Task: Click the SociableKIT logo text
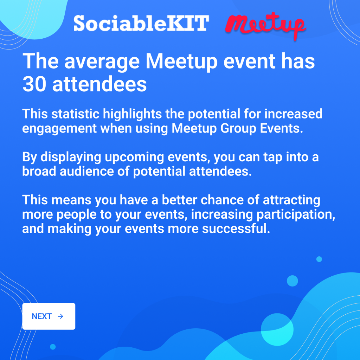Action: tap(141, 23)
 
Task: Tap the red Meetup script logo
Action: tap(266, 25)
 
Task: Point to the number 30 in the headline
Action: tap(34, 84)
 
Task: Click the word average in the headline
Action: tap(102, 62)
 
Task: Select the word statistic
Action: tap(75, 114)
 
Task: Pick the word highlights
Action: tap(132, 114)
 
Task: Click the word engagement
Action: tap(59, 129)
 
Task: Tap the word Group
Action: tap(238, 128)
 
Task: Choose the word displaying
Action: tap(71, 157)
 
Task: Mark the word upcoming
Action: tap(134, 158)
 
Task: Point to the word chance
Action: tap(222, 200)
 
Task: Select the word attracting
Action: tap(291, 200)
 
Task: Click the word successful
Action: tap(236, 229)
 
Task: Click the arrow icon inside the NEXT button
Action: tap(60, 316)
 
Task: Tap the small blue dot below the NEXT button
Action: tap(53, 347)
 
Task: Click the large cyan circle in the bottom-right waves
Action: tap(277, 329)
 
